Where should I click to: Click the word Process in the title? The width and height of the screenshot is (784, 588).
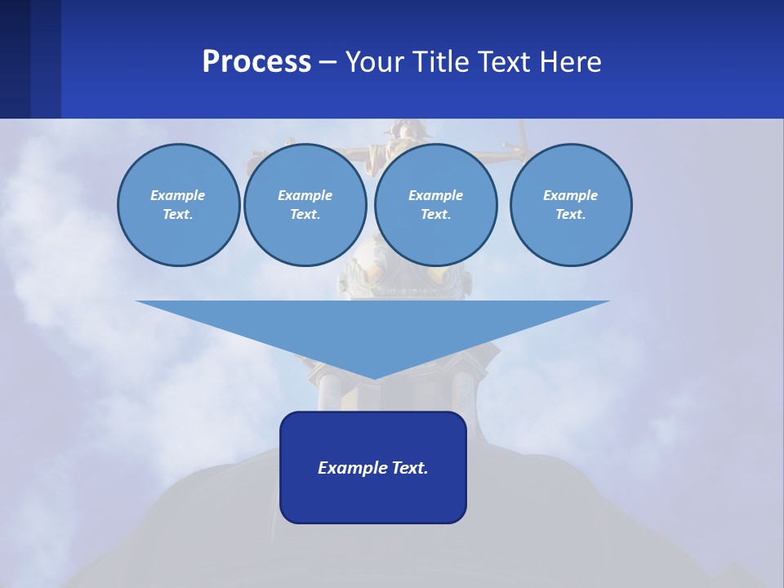click(x=256, y=62)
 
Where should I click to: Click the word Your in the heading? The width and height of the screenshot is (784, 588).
click(x=377, y=62)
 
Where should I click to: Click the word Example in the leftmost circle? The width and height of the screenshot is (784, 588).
click(x=178, y=195)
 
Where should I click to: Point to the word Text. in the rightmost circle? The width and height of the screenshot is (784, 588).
click(x=570, y=214)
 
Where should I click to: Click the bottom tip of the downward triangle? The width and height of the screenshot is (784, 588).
click(x=373, y=377)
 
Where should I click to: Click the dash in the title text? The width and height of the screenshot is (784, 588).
click(x=328, y=62)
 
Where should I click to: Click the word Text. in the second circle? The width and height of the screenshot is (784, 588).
click(x=305, y=214)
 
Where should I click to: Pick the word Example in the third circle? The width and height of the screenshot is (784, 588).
click(x=435, y=195)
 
